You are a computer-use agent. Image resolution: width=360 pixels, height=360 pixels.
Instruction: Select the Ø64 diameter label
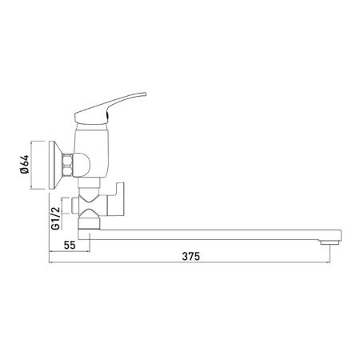[x=26, y=166]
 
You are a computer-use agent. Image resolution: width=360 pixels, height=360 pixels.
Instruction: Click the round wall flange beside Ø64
[x=57, y=166]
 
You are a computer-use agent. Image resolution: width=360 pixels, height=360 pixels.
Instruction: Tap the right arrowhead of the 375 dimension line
[x=327, y=265]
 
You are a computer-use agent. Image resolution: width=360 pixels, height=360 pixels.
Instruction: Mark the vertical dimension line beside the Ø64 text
[x=33, y=166]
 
